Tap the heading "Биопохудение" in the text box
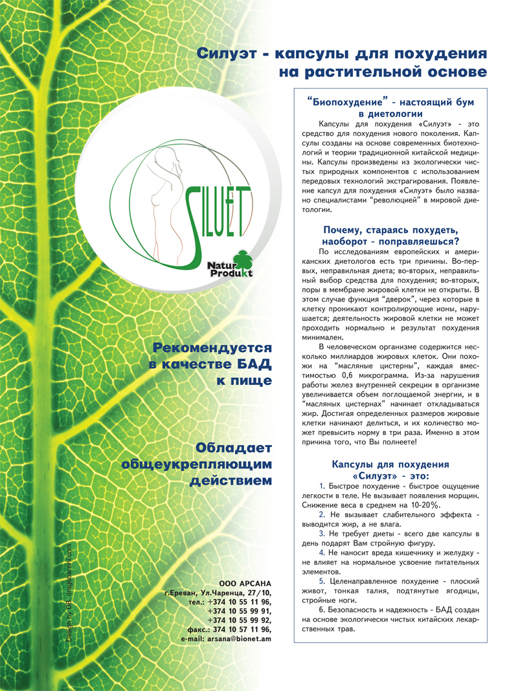349,102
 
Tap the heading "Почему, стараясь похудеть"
390,230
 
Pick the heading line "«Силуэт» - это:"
390,475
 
